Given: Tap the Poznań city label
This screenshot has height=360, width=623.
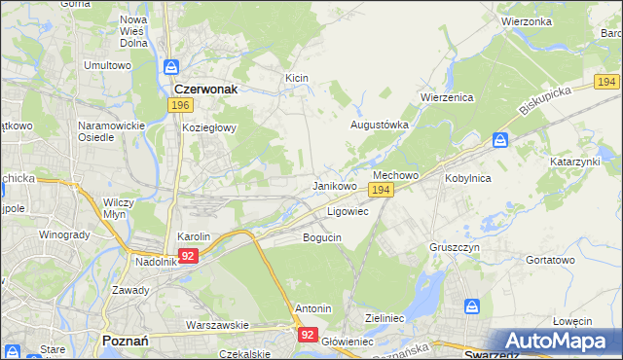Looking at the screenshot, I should [124, 341].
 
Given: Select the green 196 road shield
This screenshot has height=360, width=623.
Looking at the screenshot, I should [178, 105].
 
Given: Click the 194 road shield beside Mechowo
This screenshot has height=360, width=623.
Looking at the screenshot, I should [382, 191].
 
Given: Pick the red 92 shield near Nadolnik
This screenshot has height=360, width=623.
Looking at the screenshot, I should [189, 256].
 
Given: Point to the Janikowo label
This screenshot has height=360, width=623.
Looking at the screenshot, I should [334, 186].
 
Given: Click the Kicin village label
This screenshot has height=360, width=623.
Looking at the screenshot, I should [297, 77].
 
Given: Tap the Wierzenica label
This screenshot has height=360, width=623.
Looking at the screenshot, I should [446, 97].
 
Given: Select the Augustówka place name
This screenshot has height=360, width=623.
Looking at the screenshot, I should [379, 126].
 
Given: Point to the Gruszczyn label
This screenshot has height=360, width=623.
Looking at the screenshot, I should [456, 247].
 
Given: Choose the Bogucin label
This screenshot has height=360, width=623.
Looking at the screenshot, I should [322, 237].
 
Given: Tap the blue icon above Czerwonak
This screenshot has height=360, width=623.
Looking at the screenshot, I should [171, 67].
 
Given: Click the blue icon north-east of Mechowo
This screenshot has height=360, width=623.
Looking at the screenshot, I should [499, 140].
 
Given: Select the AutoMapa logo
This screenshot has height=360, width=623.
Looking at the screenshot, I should [556, 341].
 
